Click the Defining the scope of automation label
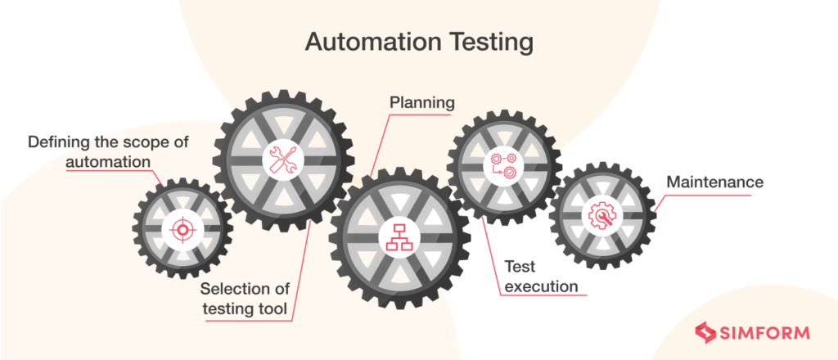coord(108,151)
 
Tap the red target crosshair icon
coord(182,229)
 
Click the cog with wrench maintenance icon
coord(601,215)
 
